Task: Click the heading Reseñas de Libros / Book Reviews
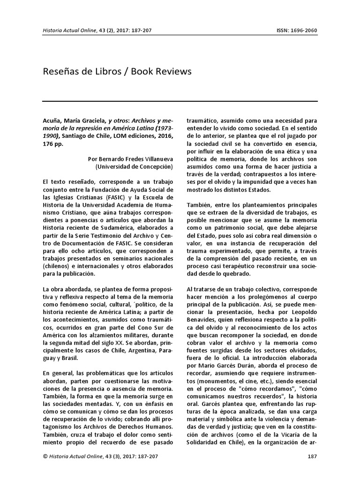(117, 72)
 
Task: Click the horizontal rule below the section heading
(180, 101)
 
